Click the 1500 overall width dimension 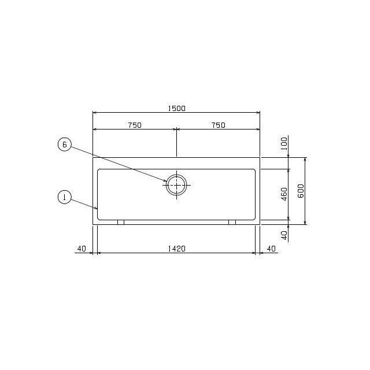coord(177,108)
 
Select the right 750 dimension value coord(218,125)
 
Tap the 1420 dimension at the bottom coord(176,249)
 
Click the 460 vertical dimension coord(284,194)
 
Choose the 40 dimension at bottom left coord(80,249)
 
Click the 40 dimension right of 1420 coord(271,249)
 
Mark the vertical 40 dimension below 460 coord(284,235)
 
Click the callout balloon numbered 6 coord(65,145)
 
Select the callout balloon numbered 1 coord(65,198)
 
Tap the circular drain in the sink coord(176,185)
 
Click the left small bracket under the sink coord(120,222)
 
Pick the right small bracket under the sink coord(232,222)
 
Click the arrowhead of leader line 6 coord(166,182)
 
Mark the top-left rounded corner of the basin coord(99,171)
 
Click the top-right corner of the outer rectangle coord(260,157)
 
